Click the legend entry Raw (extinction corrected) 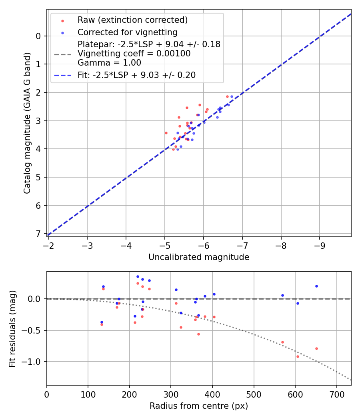pos(132,20)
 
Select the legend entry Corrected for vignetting pos(127,32)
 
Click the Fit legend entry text pos(136,75)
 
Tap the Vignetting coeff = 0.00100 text pos(134,54)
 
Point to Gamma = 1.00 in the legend pos(109,63)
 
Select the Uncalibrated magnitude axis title pos(199,257)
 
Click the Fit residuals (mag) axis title pos(13,328)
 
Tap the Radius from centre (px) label pos(199,406)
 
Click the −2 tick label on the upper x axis pos(49,244)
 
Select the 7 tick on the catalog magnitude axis pos(38,234)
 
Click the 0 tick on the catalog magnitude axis pos(38,36)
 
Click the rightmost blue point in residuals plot pos(316,286)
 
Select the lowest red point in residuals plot pos(298,356)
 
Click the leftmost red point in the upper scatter pos(166,133)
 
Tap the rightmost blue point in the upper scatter pos(232,96)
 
